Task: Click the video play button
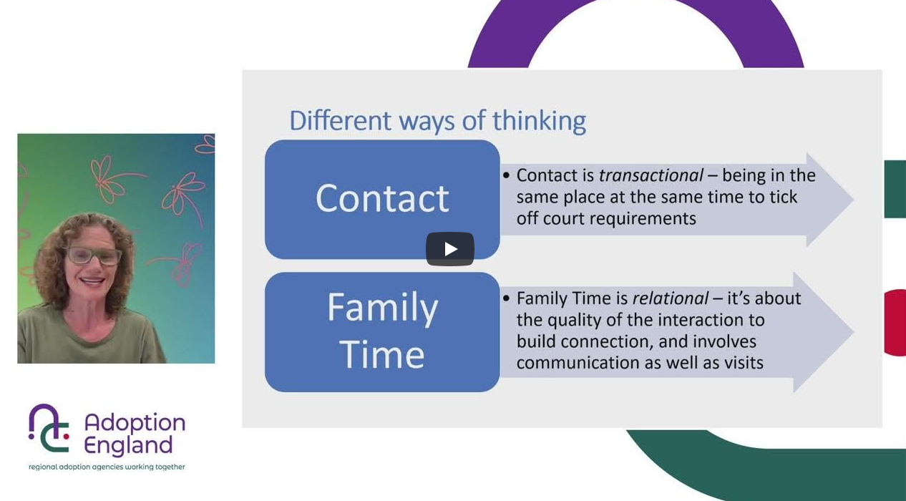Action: point(449,249)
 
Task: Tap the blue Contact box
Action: point(382,200)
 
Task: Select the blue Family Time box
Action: point(382,332)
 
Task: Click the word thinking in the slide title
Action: point(539,121)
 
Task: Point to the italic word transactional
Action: point(651,175)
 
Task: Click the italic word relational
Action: point(671,298)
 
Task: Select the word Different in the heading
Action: point(341,120)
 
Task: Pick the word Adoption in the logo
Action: point(135,424)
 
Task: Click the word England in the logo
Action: point(129,446)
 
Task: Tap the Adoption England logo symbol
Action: point(49,428)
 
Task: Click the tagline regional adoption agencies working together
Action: point(107,467)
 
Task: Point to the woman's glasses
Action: point(94,256)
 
